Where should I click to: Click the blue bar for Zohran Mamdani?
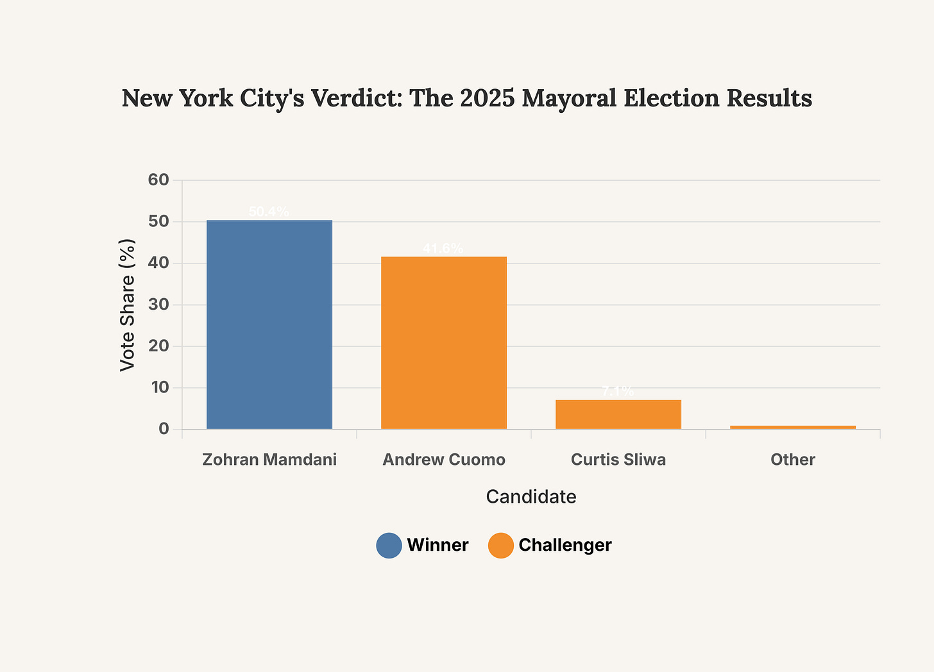coord(269,324)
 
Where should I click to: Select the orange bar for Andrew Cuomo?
coord(444,343)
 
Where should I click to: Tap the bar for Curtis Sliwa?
coord(618,414)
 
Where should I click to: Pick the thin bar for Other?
coord(793,427)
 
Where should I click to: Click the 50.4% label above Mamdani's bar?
coord(269,212)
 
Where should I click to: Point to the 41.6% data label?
coord(443,249)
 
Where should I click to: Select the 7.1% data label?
coord(618,391)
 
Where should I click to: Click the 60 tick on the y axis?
coord(158,180)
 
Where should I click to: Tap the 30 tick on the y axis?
coord(158,305)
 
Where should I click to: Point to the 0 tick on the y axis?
coord(164,429)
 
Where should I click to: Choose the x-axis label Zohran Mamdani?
coord(269,460)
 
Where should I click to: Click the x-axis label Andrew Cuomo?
coord(444,460)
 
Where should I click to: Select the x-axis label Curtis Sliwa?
coord(618,460)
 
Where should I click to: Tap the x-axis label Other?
coord(793,460)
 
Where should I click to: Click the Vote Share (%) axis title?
coord(128,305)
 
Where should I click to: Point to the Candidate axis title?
coord(531,497)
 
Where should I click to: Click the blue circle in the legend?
coord(389,546)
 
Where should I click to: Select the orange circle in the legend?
coord(500,546)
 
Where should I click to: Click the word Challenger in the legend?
coord(565,545)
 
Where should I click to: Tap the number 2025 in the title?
coord(488,99)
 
